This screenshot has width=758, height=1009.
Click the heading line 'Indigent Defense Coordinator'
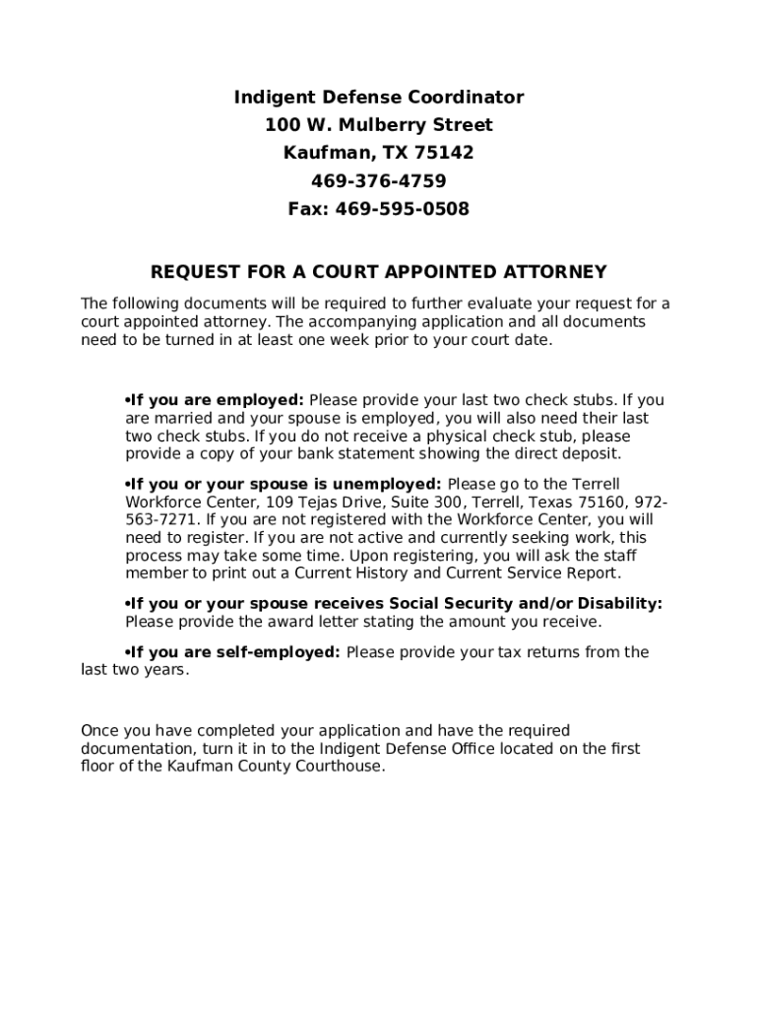pyautogui.click(x=378, y=98)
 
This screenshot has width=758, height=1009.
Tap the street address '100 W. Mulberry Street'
pyautogui.click(x=378, y=125)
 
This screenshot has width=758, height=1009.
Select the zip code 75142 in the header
pyautogui.click(x=444, y=154)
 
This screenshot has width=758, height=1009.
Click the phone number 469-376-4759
pyautogui.click(x=378, y=181)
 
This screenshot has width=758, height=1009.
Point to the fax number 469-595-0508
pyautogui.click(x=403, y=209)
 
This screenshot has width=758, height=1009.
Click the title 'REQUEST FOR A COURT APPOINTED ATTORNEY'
pyautogui.click(x=378, y=272)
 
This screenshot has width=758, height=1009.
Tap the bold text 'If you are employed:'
pyautogui.click(x=217, y=401)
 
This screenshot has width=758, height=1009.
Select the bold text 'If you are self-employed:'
pyautogui.click(x=235, y=652)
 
